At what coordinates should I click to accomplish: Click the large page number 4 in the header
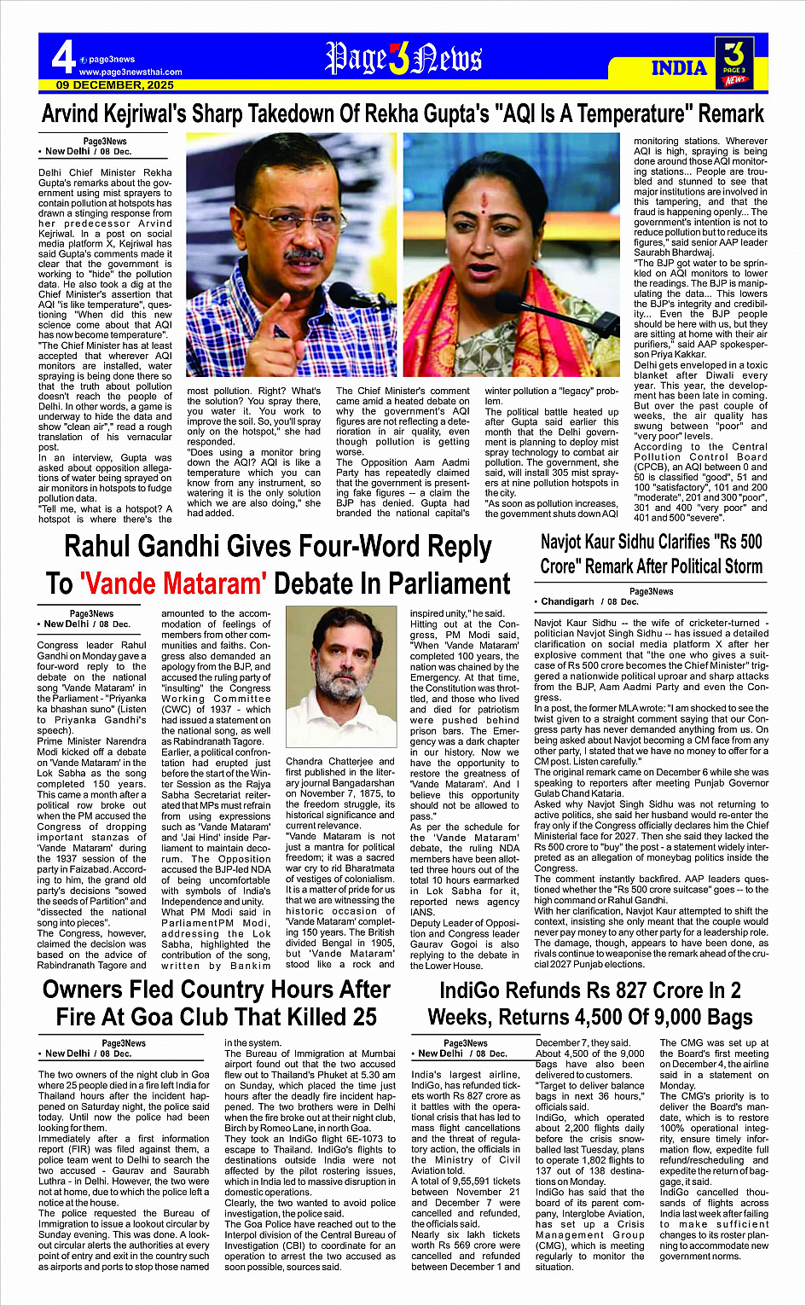click(x=63, y=57)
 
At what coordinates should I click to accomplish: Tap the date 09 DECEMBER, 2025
click(x=115, y=85)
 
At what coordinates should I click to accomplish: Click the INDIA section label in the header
click(x=679, y=68)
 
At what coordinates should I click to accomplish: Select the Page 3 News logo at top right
click(x=734, y=62)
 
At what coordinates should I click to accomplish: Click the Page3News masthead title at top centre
click(x=403, y=59)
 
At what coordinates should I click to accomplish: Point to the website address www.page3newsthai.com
click(x=130, y=73)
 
